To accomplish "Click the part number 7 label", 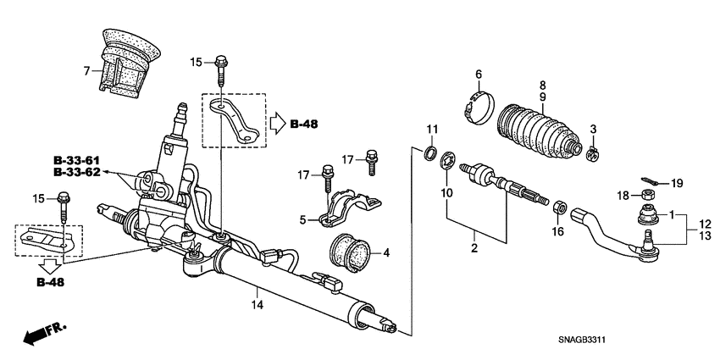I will (86, 71).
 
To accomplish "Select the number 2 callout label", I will (474, 248).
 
